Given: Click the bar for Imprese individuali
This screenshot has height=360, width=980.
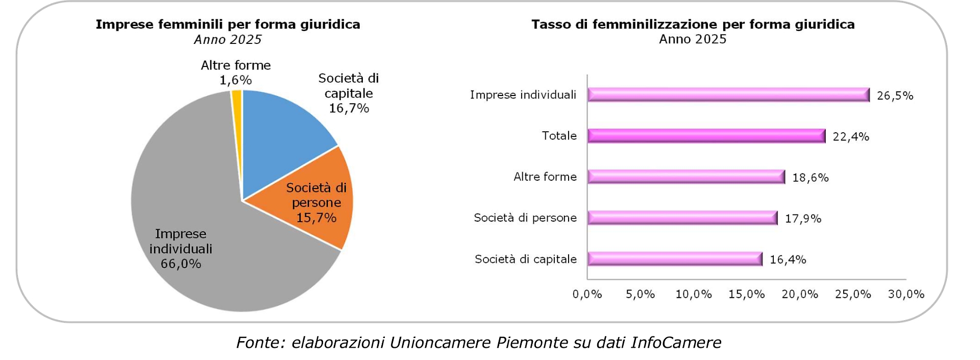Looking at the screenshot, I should point(728,95).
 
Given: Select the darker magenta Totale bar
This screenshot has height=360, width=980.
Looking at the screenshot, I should point(706,136).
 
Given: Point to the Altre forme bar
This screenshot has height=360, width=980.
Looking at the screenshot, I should point(685,177).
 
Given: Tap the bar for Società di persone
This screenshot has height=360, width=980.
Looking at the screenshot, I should point(682,218).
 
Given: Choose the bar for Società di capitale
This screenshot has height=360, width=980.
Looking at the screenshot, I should point(674,259).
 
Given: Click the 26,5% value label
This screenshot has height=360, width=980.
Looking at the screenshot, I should point(895,96).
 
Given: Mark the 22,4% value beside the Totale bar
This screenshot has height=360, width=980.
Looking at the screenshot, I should point(851,137).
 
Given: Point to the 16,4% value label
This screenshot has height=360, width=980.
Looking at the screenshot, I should point(788,260).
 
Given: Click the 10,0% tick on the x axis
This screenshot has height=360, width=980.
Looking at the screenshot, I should point(693,295).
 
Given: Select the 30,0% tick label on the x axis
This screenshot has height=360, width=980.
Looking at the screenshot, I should point(906,295).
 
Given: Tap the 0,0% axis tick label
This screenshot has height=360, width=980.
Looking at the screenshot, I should point(587,295).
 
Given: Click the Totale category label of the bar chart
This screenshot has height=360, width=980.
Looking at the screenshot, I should point(559,136).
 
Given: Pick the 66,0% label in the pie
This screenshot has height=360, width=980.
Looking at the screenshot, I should point(181,264).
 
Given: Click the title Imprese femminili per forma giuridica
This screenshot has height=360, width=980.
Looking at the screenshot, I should point(228,25).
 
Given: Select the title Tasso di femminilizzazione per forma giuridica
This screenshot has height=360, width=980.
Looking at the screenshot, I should point(693,25).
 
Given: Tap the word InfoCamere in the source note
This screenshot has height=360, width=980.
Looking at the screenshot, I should point(676,343).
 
